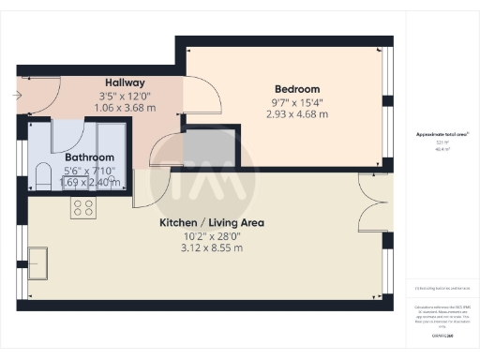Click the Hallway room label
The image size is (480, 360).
pyautogui.click(x=125, y=82)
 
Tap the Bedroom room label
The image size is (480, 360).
pyautogui.click(x=296, y=89)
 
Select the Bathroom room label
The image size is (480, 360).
pyautogui.click(x=89, y=157)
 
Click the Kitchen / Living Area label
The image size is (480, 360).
pyautogui.click(x=211, y=223)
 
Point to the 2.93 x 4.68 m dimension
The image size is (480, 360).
pyautogui.click(x=296, y=114)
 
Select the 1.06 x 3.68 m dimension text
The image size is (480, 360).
pyautogui.click(x=127, y=108)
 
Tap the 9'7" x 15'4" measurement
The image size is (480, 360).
pyautogui.click(x=296, y=102)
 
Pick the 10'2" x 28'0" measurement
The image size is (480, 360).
pyautogui.click(x=211, y=235)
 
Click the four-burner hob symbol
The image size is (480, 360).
pyautogui.click(x=82, y=208)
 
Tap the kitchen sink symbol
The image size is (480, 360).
pyautogui.click(x=40, y=262)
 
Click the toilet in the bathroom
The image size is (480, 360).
pyautogui.click(x=42, y=175)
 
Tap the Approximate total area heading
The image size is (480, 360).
pyautogui.click(x=443, y=135)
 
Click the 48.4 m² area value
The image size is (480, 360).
pyautogui.click(x=442, y=149)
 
